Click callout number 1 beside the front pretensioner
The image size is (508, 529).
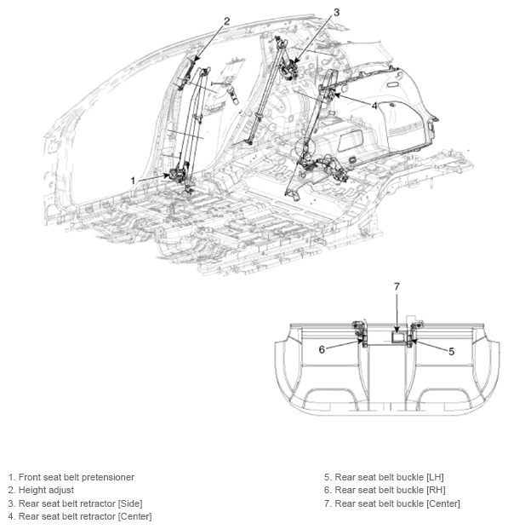pyautogui.click(x=133, y=181)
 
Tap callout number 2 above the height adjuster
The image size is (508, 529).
pyautogui.click(x=226, y=21)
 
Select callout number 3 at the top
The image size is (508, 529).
pyautogui.click(x=336, y=13)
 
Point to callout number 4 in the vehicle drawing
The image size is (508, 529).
pyautogui.click(x=374, y=106)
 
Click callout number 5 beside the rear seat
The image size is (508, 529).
pyautogui.click(x=451, y=352)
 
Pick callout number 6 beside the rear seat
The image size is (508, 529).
pyautogui.click(x=322, y=349)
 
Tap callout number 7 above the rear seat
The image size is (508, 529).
pyautogui.click(x=397, y=286)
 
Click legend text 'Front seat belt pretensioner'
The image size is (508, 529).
pyautogui.click(x=77, y=477)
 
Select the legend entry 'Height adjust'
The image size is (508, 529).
pyautogui.click(x=46, y=490)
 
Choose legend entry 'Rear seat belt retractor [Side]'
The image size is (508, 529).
pyautogui.click(x=80, y=503)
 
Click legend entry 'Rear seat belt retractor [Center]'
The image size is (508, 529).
pyautogui.click(x=85, y=516)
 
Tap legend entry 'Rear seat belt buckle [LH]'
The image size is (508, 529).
pyautogui.click(x=389, y=477)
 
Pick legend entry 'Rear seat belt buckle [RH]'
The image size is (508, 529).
pyautogui.click(x=390, y=490)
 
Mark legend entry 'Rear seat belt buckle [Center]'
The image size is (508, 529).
pyautogui.click(x=397, y=503)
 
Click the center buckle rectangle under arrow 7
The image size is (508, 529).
pyautogui.click(x=399, y=337)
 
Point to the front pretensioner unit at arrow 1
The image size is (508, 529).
pyautogui.click(x=179, y=175)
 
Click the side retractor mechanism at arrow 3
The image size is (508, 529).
pyautogui.click(x=288, y=70)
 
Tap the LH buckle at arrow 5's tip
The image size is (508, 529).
pyautogui.click(x=410, y=342)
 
